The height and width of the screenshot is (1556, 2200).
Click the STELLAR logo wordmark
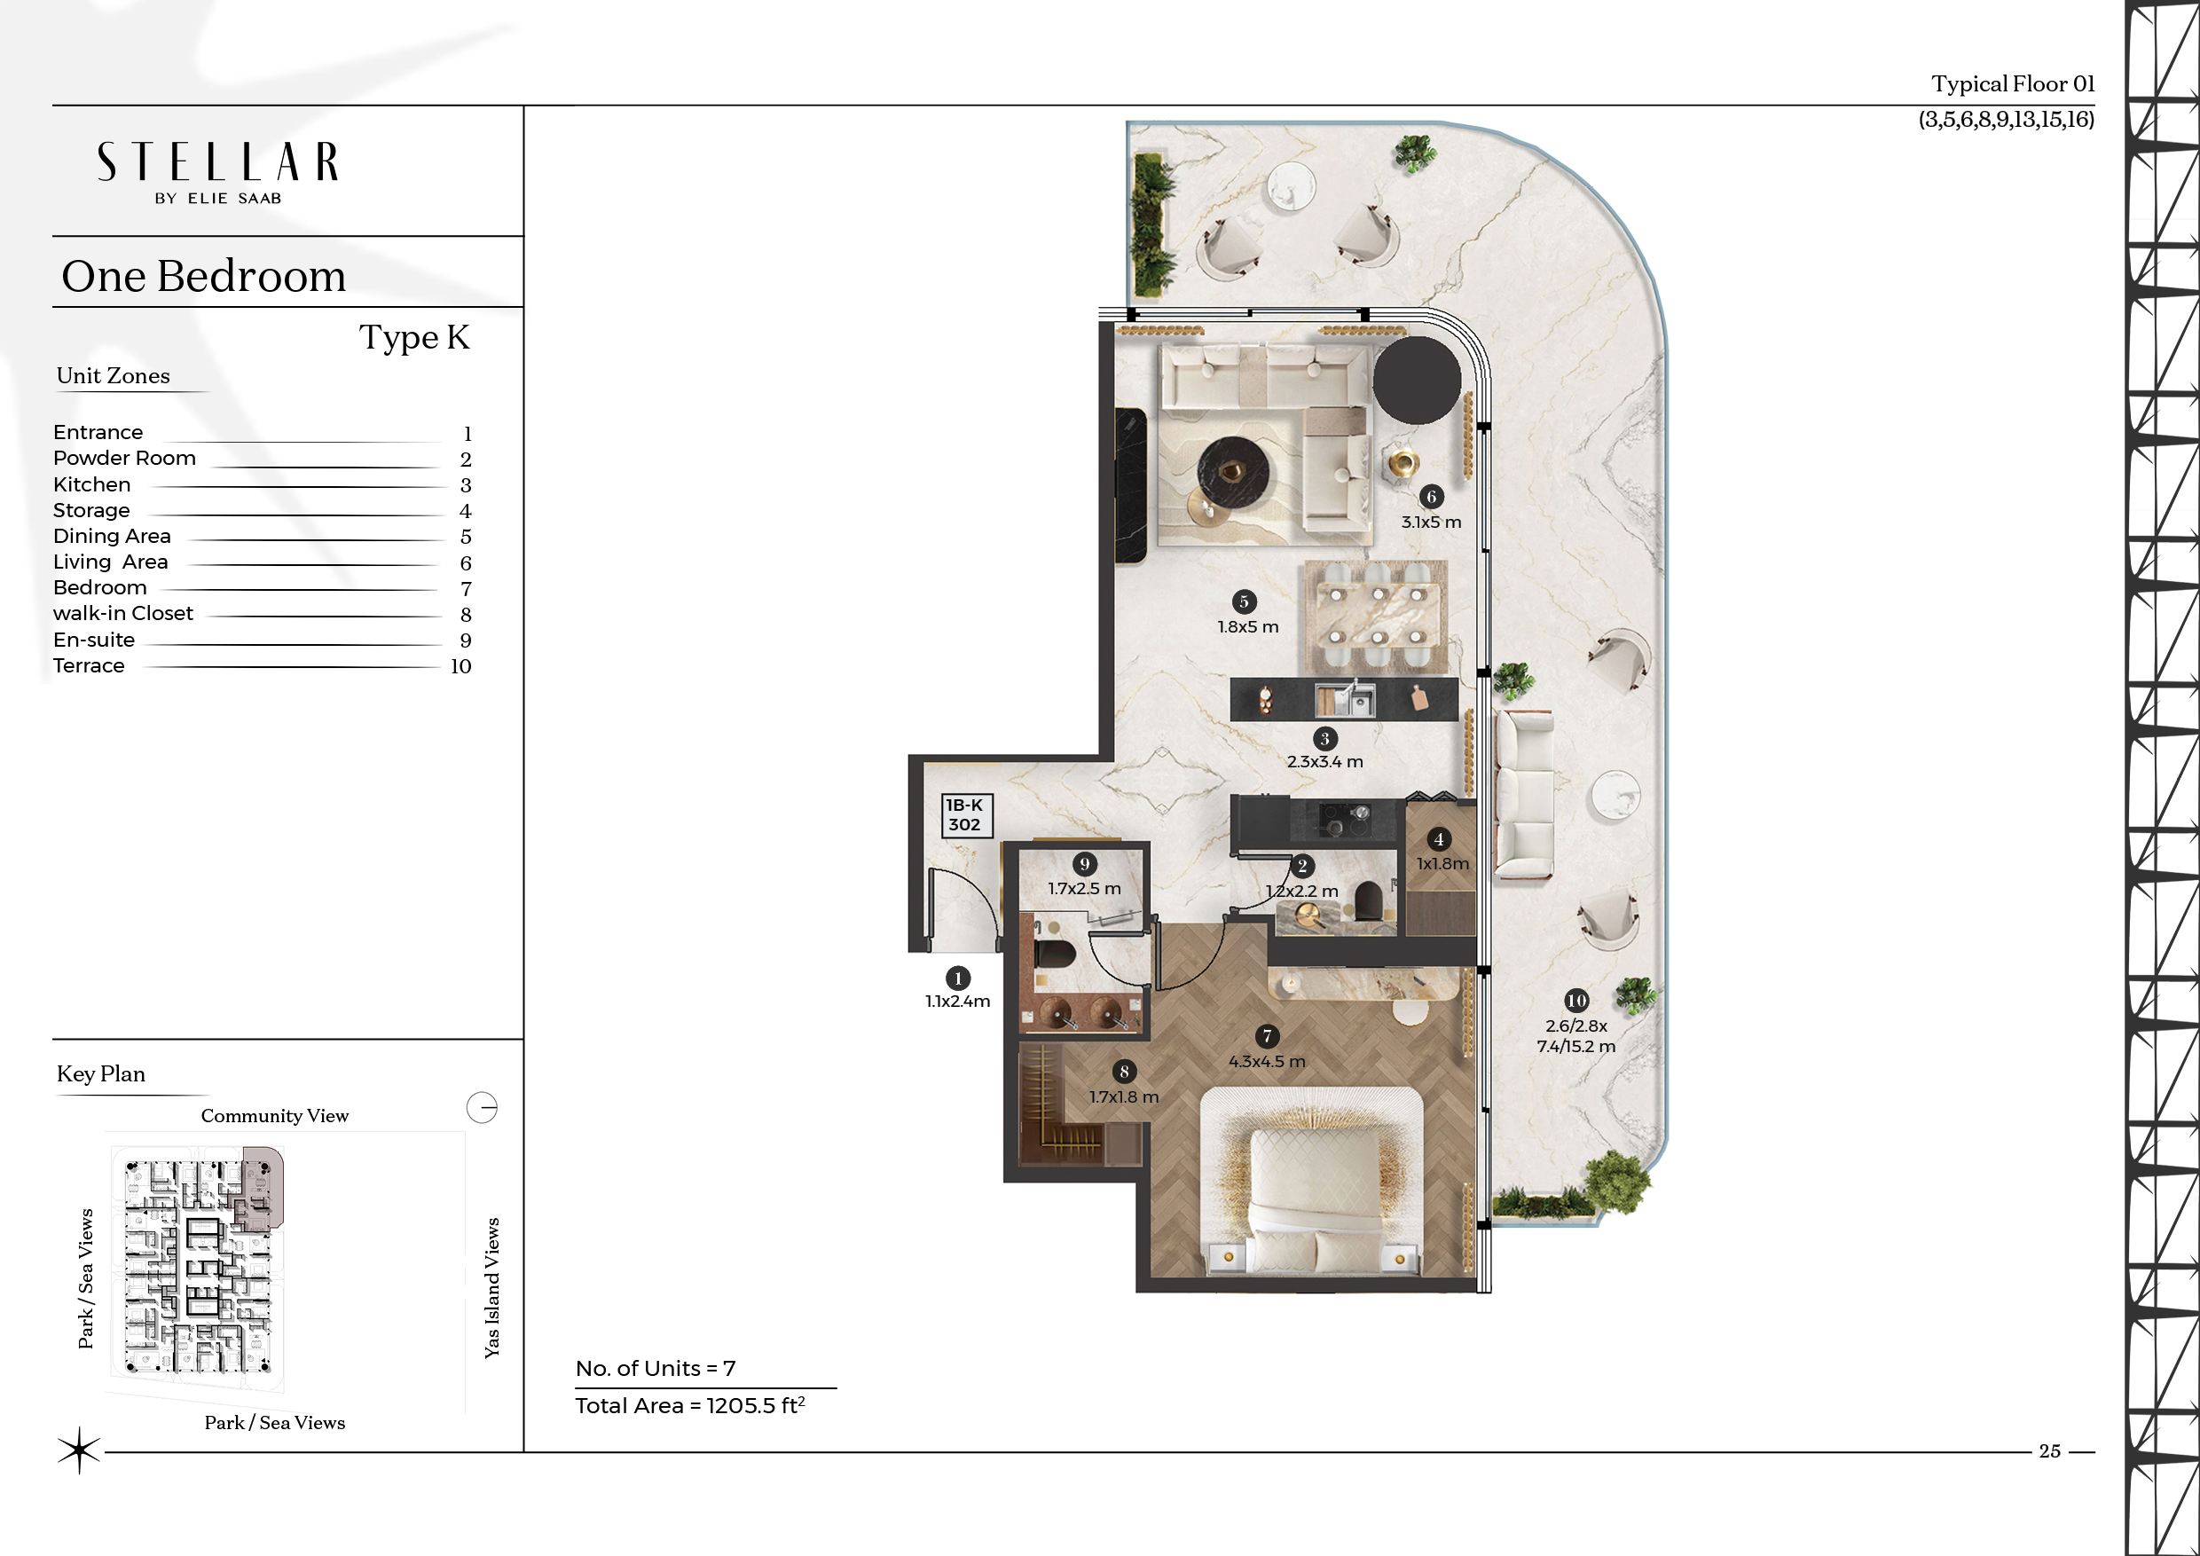point(217,162)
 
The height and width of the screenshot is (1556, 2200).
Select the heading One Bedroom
point(203,276)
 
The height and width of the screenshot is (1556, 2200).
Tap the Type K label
point(414,337)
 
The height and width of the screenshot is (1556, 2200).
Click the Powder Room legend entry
point(124,458)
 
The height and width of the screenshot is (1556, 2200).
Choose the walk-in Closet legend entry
point(122,613)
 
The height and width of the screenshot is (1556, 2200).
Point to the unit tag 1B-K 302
point(965,815)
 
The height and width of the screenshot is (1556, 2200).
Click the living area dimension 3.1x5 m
point(1432,523)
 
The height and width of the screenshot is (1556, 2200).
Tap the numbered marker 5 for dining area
point(1244,601)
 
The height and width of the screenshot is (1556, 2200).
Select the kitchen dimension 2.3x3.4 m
point(1324,762)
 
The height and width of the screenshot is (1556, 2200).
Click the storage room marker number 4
point(1438,839)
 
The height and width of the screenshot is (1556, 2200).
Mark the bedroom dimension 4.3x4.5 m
point(1267,1062)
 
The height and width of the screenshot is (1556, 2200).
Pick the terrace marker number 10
point(1576,1001)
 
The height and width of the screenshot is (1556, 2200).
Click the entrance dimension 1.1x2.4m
point(957,1002)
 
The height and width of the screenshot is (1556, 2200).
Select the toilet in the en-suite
point(1056,955)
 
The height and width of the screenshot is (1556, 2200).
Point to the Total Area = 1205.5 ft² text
point(690,1405)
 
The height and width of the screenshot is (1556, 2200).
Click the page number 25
point(2049,1450)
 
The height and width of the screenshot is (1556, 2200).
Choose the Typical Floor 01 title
point(2012,84)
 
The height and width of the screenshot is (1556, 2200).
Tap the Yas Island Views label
point(492,1288)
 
